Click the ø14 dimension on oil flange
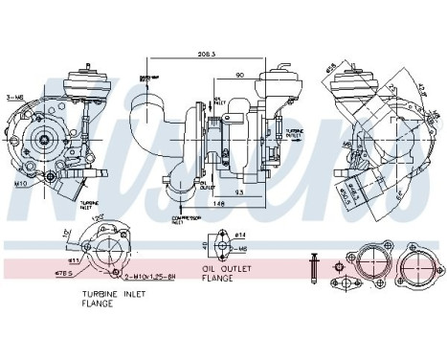click(238, 236)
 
